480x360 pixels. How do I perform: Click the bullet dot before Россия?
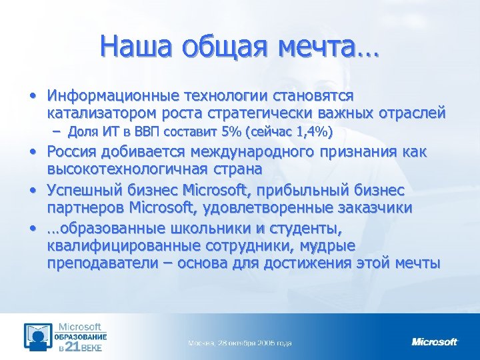33,152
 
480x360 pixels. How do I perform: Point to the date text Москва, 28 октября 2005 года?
239,343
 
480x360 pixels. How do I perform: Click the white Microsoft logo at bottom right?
434,341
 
